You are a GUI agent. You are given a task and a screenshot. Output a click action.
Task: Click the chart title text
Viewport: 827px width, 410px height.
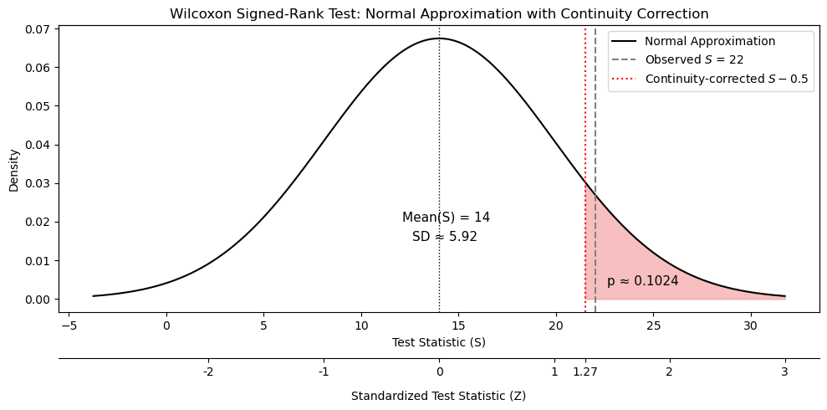point(439,13)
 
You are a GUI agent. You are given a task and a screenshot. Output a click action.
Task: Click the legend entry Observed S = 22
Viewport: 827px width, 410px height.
point(693,59)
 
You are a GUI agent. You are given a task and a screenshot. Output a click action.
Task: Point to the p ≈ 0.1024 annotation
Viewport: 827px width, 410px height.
point(642,281)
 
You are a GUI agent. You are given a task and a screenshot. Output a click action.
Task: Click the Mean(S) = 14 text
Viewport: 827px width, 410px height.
point(446,218)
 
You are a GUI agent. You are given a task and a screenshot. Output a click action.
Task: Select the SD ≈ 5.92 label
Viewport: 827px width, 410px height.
point(444,237)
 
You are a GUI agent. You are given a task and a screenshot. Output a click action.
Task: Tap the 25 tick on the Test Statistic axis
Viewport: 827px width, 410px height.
point(653,325)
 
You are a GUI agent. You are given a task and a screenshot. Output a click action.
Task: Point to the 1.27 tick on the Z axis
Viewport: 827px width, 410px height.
point(585,372)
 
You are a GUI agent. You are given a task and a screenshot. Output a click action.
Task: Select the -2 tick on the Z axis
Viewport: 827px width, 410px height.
point(208,372)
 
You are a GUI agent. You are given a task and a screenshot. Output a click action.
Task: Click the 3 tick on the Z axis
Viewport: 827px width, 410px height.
point(784,372)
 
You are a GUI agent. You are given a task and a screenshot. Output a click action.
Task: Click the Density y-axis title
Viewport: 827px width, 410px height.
point(13,171)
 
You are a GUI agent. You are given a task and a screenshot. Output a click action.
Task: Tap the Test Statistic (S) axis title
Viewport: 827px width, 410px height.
point(438,342)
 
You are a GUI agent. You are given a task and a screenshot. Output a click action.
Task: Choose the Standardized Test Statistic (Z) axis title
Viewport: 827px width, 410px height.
point(438,396)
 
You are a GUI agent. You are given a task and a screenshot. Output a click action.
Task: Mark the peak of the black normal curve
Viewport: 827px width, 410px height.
point(439,38)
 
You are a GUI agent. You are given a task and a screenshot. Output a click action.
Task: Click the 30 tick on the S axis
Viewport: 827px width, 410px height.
point(750,325)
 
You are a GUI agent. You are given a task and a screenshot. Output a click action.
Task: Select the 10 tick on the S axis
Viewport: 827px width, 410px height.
point(360,325)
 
